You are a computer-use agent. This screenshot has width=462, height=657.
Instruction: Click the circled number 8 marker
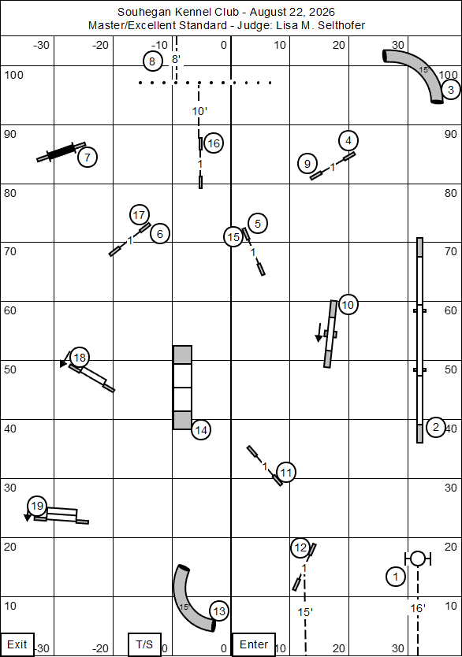coord(152,61)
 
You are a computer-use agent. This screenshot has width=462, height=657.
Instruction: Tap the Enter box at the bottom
coord(253,644)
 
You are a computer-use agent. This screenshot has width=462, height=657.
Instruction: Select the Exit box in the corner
coord(17,644)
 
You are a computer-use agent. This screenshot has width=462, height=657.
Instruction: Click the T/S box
coord(144,644)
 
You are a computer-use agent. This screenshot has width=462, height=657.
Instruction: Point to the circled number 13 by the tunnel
coord(219,611)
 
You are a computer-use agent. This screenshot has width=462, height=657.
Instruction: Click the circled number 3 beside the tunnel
coord(451,90)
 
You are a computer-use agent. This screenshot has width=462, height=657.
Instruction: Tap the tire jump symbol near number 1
coord(418,559)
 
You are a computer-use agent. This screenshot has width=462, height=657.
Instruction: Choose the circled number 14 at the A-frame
coord(201,430)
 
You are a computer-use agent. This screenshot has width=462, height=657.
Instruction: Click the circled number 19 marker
coord(37,506)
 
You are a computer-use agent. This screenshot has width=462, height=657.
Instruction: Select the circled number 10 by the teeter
coord(348,305)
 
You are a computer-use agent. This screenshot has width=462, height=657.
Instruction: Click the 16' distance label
coord(418,608)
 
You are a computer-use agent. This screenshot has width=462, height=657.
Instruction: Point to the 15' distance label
coord(305,612)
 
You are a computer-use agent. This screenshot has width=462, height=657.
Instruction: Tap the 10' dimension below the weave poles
coord(200,111)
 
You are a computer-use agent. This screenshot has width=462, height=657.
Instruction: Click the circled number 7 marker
coord(88,158)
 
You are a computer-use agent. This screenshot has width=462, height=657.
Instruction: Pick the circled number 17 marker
coord(140,215)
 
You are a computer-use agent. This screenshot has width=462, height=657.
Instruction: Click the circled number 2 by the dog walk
coord(436,428)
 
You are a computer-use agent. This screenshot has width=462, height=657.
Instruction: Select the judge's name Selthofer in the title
coord(341,25)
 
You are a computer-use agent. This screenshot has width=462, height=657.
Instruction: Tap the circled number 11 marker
coord(286,473)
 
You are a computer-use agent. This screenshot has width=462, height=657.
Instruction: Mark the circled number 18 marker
coord(80,358)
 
